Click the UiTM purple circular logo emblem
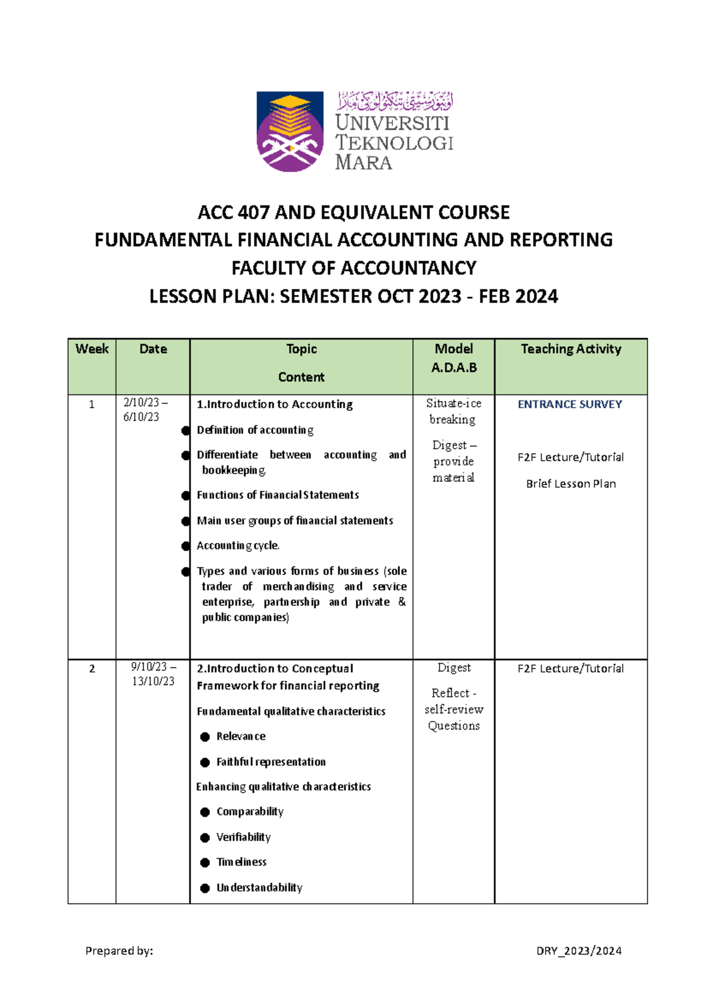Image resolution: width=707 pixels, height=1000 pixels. [x=290, y=131]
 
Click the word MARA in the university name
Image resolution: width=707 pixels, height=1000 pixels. [x=364, y=163]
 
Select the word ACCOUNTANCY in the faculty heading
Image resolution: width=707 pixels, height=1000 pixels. [x=408, y=268]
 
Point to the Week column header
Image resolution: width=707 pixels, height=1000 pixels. [x=92, y=349]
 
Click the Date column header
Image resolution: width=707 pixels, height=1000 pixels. [x=153, y=349]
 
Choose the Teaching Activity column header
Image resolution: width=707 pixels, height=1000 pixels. [x=570, y=349]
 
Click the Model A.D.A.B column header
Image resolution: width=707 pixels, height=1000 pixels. [x=454, y=358]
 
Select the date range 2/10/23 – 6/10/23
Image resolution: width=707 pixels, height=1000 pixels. [x=144, y=410]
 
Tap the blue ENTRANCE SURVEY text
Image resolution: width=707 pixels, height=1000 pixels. [x=570, y=404]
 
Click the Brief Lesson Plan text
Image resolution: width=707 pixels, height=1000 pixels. [x=570, y=484]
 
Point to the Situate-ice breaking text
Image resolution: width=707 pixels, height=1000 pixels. [x=453, y=411]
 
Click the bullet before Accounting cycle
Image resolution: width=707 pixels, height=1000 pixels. [x=186, y=546]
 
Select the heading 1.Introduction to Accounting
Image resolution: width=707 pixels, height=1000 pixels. [x=275, y=404]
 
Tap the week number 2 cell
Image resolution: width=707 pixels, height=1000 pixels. [x=92, y=668]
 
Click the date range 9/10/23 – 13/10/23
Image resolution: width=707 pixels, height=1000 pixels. [x=153, y=674]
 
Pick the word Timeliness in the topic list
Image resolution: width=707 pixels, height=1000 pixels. [x=241, y=862]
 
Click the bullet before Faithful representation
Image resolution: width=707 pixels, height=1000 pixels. [x=205, y=762]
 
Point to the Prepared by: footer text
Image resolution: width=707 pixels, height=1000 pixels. [x=119, y=951]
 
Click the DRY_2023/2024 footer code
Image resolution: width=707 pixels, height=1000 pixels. [x=579, y=951]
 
